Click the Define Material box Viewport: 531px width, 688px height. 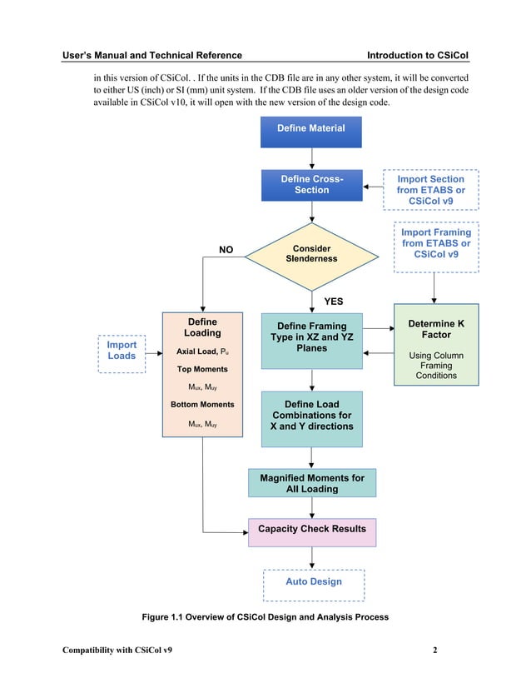pyautogui.click(x=311, y=128)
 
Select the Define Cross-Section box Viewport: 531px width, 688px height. pyautogui.click(x=311, y=185)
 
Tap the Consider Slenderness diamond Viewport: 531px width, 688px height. pyautogui.click(x=311, y=254)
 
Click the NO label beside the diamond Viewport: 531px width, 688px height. pyautogui.click(x=226, y=249)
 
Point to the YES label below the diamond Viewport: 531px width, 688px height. pyautogui.click(x=333, y=301)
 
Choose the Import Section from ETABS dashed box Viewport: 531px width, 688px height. pyautogui.click(x=430, y=190)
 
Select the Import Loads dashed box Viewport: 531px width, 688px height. pyautogui.click(x=122, y=351)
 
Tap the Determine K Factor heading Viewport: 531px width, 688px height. pyautogui.click(x=436, y=329)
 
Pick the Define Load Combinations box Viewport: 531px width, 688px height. pyautogui.click(x=311, y=415)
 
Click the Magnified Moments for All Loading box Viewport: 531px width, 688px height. pyautogui.click(x=311, y=483)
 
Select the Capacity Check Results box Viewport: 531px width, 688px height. pyautogui.click(x=311, y=530)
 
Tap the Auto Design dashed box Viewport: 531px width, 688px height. pyautogui.click(x=313, y=581)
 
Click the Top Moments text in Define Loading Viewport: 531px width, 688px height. pyautogui.click(x=202, y=369)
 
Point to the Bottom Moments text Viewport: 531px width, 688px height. pyautogui.click(x=202, y=405)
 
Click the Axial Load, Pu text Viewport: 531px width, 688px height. pyautogui.click(x=202, y=351)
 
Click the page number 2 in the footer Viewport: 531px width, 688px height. pyautogui.click(x=434, y=650)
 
